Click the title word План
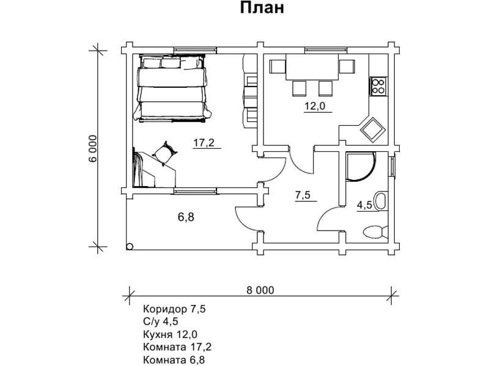pyautogui.click(x=262, y=8)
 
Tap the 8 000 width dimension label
pyautogui.click(x=260, y=290)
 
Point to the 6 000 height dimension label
pyautogui.click(x=93, y=148)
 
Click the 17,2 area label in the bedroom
pyautogui.click(x=204, y=143)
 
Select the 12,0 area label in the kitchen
pyautogui.click(x=315, y=106)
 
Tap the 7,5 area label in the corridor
pyautogui.click(x=303, y=195)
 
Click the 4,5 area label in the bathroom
pyautogui.click(x=364, y=206)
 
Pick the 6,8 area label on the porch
pyautogui.click(x=186, y=217)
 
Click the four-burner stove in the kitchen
pyautogui.click(x=378, y=86)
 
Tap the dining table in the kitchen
pyautogui.click(x=312, y=67)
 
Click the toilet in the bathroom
pyautogui.click(x=375, y=232)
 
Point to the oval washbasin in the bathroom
pyautogui.click(x=381, y=201)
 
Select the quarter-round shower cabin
pyautogui.click(x=361, y=167)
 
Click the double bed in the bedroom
pyautogui.click(x=172, y=88)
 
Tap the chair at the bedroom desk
pyautogui.click(x=164, y=153)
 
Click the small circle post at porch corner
pyautogui.click(x=130, y=246)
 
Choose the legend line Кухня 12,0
pyautogui.click(x=170, y=334)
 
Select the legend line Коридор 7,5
pyautogui.click(x=174, y=309)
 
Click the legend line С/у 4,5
pyautogui.click(x=161, y=321)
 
